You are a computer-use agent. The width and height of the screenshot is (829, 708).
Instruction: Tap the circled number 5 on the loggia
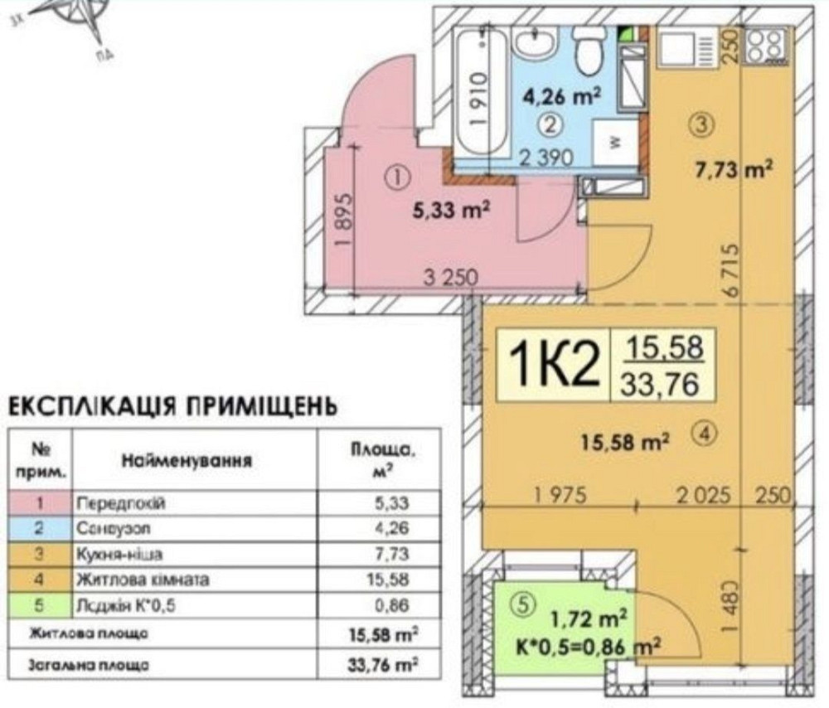[x=520, y=607]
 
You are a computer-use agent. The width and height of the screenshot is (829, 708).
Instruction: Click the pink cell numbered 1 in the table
[x=41, y=502]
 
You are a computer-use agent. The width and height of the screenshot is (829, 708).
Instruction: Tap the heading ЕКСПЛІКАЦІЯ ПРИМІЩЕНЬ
[x=172, y=407]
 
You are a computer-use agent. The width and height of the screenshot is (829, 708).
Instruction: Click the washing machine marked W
[x=615, y=142]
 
